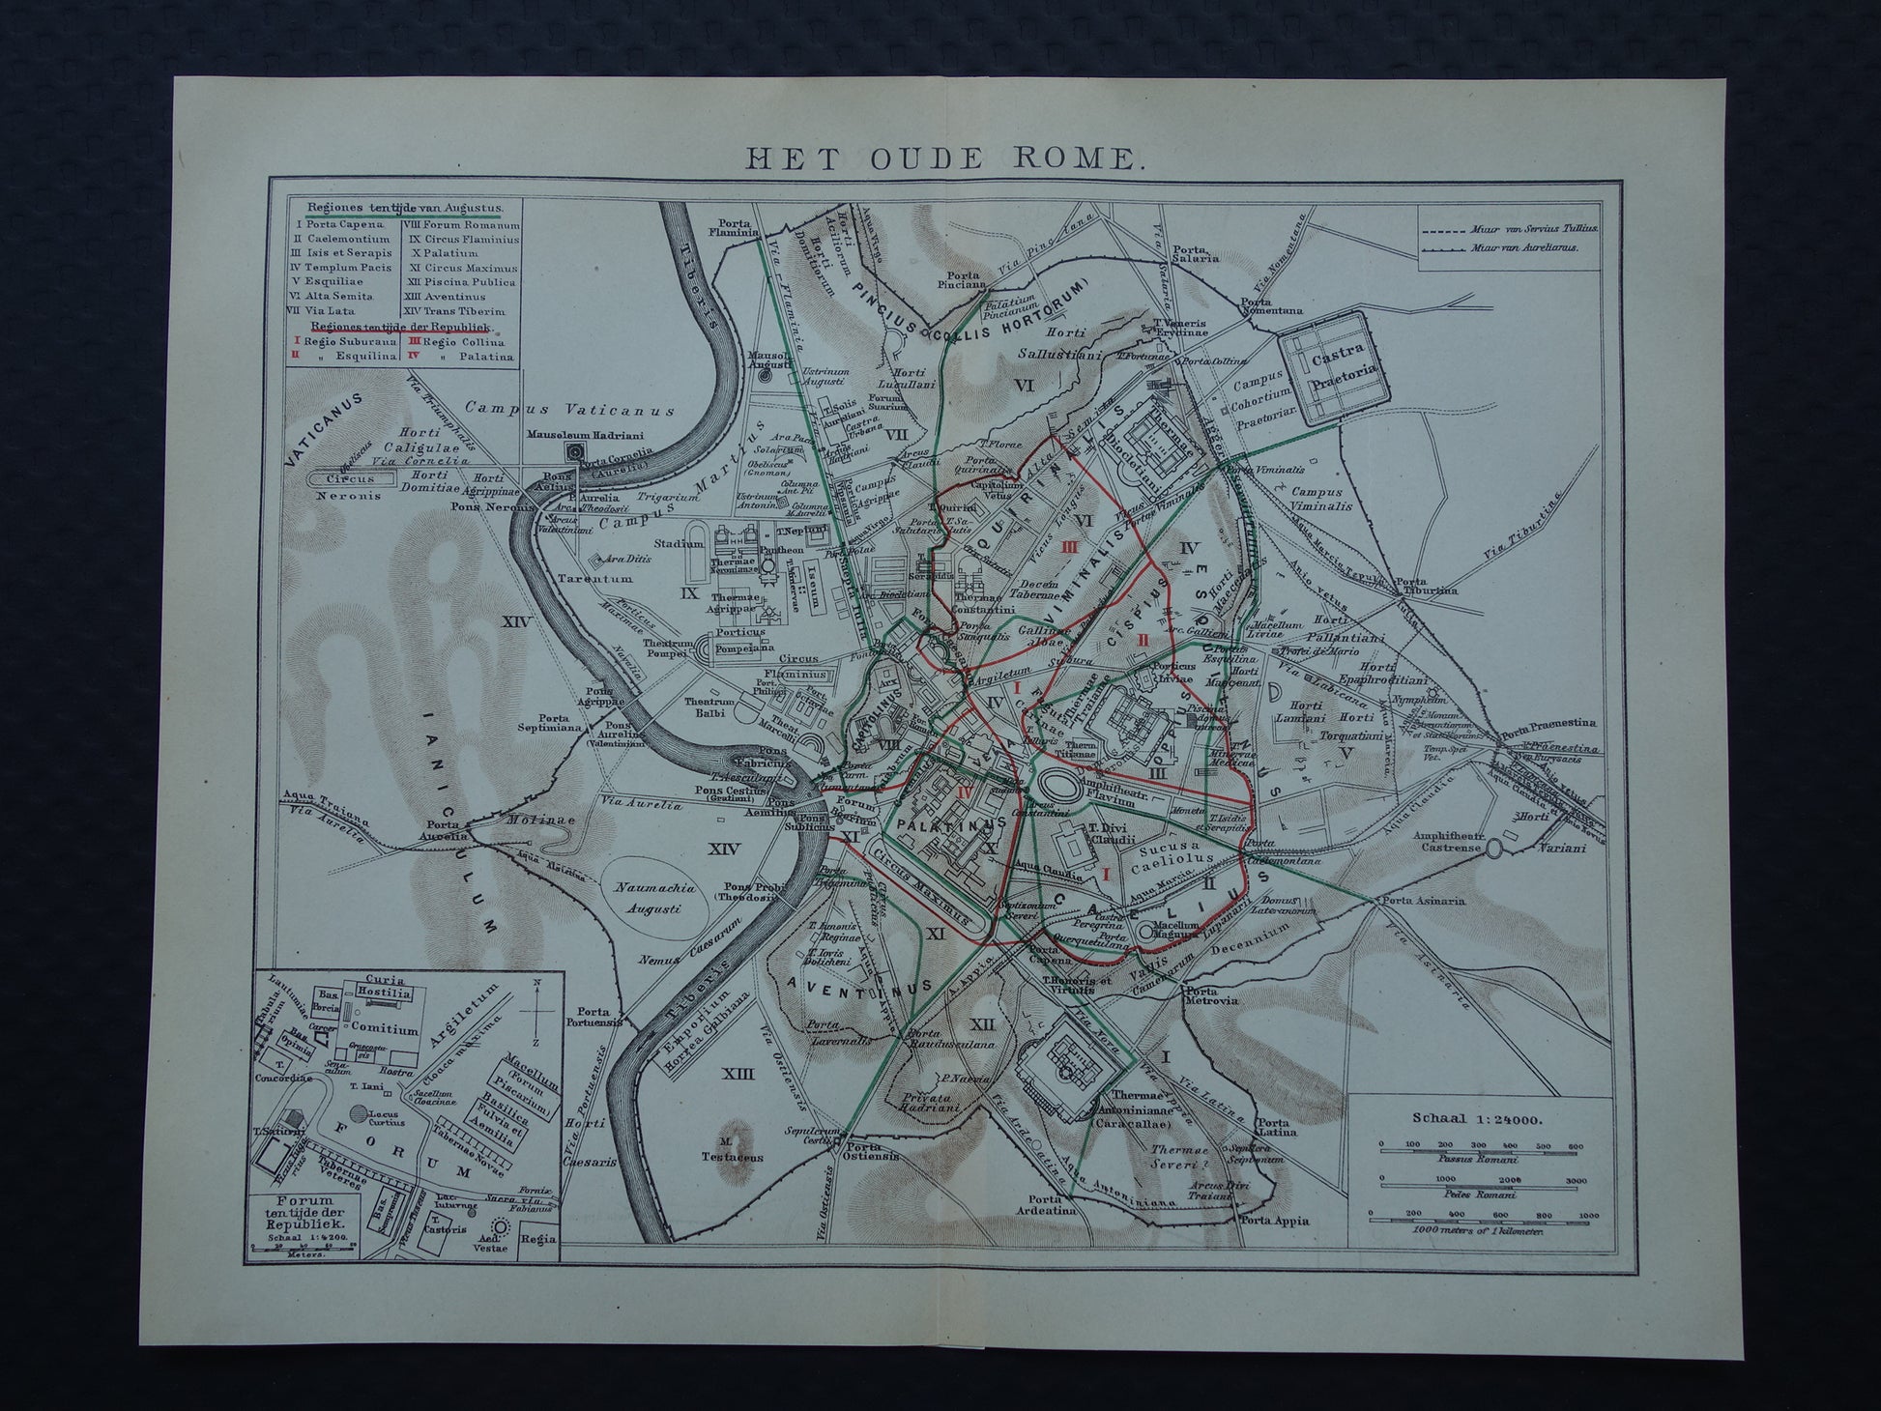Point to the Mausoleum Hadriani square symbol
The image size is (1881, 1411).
[x=578, y=451]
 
